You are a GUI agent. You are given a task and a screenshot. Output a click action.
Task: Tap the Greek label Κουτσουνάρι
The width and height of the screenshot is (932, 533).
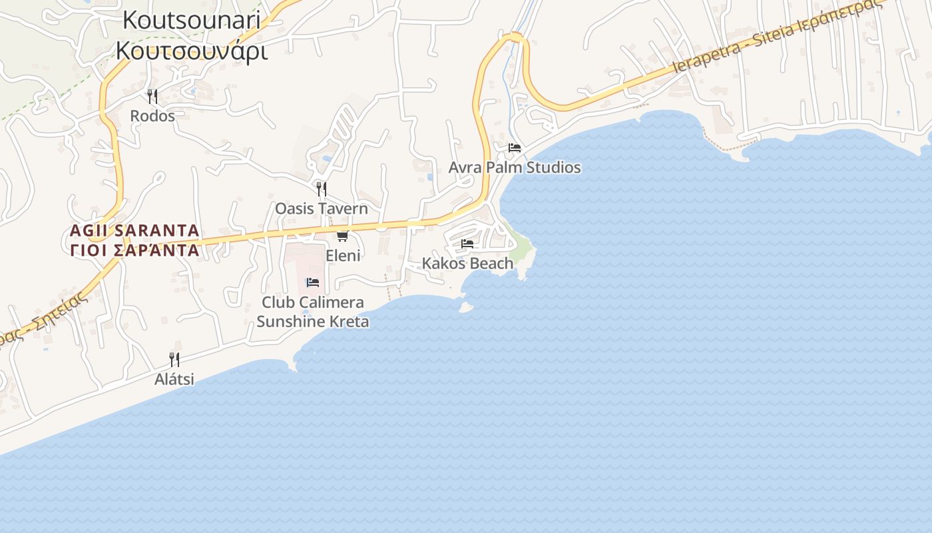(192, 51)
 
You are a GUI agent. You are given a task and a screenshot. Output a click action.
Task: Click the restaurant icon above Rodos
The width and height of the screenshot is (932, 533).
(152, 97)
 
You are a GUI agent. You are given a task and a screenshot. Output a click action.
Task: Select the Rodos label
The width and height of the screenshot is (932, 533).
(152, 116)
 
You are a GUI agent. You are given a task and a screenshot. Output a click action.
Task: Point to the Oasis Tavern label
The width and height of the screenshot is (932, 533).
(322, 209)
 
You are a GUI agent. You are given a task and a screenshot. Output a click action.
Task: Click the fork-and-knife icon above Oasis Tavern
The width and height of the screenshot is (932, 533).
(322, 189)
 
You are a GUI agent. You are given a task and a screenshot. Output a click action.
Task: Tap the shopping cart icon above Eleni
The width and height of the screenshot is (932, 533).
(343, 236)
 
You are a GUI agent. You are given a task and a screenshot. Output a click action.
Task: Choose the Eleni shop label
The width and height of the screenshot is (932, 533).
(343, 256)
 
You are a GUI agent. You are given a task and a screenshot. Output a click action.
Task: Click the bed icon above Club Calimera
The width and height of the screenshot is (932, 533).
(313, 282)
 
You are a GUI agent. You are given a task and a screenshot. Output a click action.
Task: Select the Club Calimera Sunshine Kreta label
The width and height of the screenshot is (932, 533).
(313, 312)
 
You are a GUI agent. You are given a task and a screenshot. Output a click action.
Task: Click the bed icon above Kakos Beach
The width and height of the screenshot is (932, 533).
(467, 244)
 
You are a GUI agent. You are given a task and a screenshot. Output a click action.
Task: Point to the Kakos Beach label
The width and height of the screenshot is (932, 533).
(467, 263)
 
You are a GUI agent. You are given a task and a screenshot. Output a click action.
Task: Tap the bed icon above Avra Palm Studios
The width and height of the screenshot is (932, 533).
(514, 148)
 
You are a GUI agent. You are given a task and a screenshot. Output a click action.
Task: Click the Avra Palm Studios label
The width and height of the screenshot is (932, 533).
(514, 167)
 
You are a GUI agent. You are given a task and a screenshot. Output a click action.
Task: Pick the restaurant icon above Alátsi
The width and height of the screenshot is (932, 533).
(174, 360)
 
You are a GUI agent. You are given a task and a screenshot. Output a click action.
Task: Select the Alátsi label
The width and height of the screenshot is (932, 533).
(174, 379)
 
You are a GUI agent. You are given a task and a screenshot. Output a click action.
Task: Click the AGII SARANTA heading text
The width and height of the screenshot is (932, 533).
(134, 231)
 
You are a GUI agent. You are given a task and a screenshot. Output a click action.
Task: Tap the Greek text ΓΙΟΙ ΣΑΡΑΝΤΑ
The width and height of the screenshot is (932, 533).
(134, 251)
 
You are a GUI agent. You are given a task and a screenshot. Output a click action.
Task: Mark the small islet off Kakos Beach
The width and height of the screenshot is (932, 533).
(466, 307)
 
